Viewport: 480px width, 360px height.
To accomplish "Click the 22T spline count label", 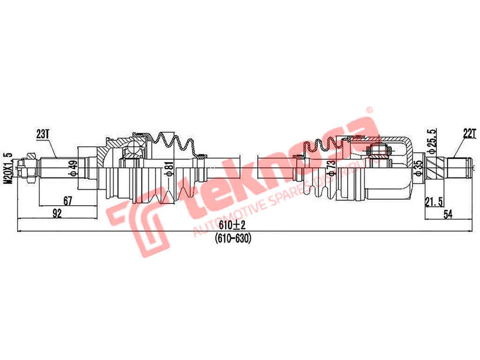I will [x=469, y=134].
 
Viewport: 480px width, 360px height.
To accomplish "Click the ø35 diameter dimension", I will [x=418, y=166].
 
